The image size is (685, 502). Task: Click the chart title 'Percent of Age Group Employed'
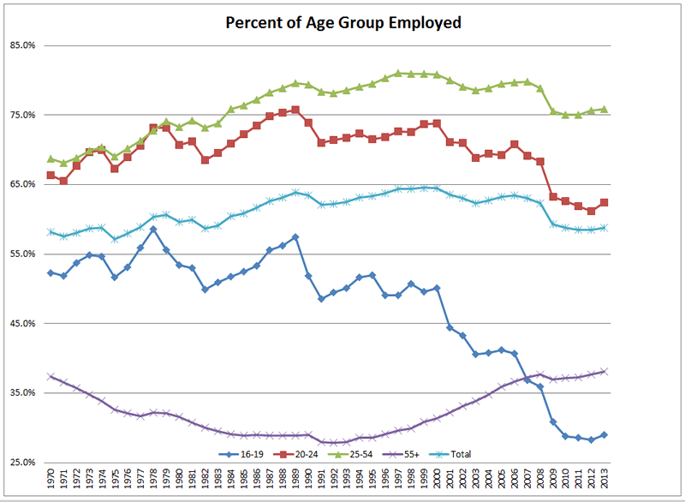342,22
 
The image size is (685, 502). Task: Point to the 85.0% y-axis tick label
22,45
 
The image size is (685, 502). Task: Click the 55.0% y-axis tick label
22,254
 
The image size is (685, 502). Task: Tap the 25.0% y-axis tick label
22,463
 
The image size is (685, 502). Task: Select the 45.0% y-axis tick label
22,324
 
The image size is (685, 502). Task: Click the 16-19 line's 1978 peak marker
153,230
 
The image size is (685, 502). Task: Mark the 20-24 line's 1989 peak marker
295,110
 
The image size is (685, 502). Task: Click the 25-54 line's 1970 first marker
51,158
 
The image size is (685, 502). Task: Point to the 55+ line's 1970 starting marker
51,376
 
